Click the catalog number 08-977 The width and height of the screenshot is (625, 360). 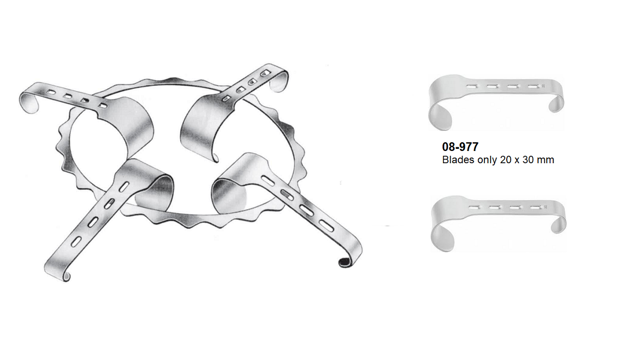pos(460,147)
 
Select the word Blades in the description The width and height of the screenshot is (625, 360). pos(456,160)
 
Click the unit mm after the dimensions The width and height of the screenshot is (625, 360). pos(546,160)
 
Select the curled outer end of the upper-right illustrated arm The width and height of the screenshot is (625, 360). pos(279,82)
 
